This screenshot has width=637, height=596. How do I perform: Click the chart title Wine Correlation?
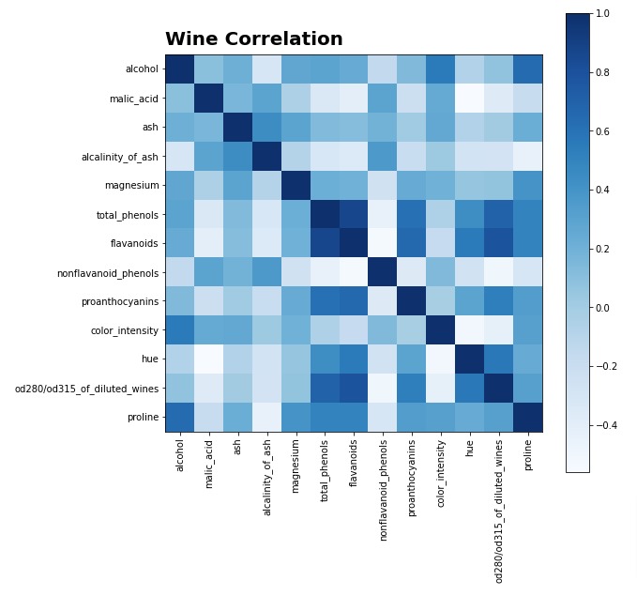point(253,39)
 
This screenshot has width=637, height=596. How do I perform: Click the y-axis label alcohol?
point(142,69)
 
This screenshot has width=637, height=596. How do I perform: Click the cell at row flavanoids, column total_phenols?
point(325,243)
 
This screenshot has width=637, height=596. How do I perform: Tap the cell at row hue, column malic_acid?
point(209,359)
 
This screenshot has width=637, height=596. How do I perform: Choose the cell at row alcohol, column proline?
point(528,69)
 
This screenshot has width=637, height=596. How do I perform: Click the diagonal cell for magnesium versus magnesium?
point(296,186)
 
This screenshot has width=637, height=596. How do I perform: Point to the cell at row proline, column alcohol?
point(180,418)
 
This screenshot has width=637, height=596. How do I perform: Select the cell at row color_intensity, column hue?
point(470,330)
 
